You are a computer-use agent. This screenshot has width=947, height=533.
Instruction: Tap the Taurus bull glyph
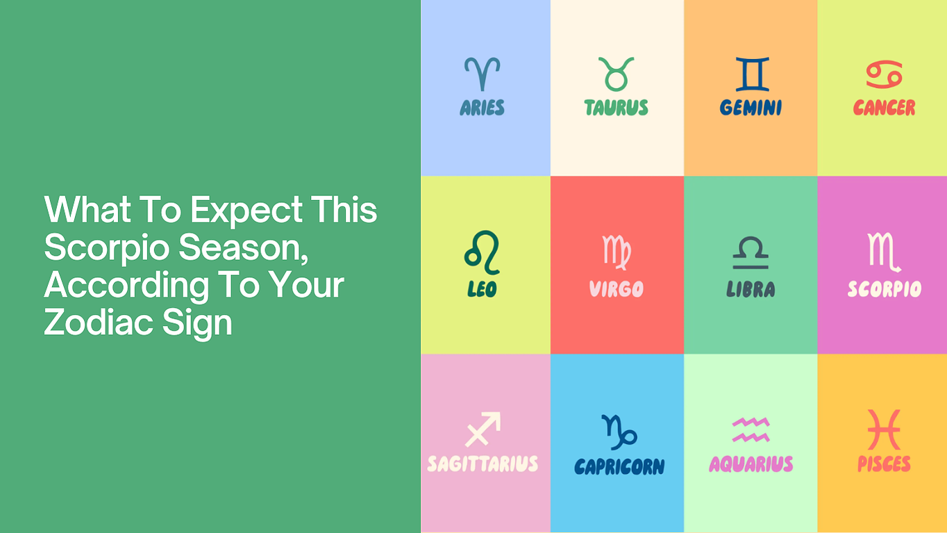[x=616, y=81]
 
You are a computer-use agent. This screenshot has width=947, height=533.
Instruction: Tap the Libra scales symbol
[x=751, y=267]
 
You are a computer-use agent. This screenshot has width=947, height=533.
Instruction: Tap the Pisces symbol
[x=884, y=429]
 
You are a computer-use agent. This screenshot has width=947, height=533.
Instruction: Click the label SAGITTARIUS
[x=483, y=464]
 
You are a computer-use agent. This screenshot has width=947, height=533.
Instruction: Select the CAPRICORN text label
[x=619, y=466]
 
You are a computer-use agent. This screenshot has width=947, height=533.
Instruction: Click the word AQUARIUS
[x=751, y=464]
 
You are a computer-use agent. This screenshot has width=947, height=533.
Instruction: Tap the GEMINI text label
[x=751, y=108]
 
